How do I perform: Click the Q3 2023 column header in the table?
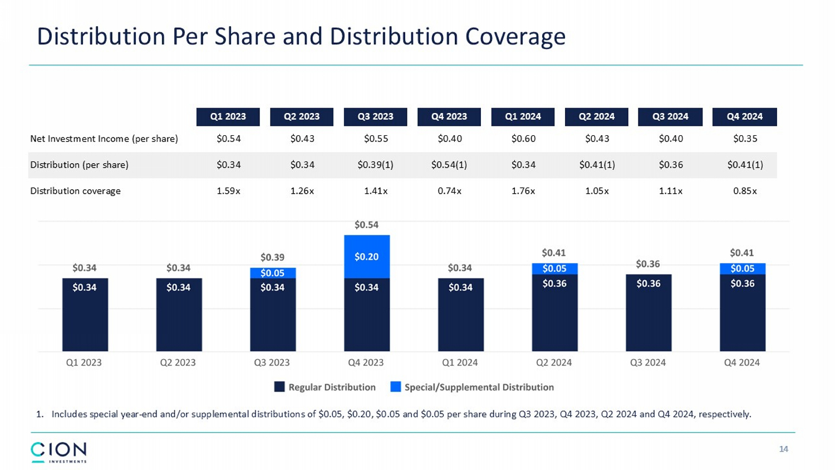[375, 116]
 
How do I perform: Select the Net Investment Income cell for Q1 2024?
[523, 139]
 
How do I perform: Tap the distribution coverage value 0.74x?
[449, 191]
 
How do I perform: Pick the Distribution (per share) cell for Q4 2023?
[449, 165]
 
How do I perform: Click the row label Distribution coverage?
[75, 191]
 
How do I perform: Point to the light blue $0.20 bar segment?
[366, 257]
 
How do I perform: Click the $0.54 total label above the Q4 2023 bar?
[366, 225]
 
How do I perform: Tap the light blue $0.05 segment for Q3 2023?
[272, 273]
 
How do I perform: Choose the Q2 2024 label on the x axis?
[554, 363]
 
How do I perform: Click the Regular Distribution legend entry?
[325, 387]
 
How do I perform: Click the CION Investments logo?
[58, 452]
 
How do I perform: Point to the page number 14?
[783, 449]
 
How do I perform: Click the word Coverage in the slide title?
[515, 37]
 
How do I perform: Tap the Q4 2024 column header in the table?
[744, 116]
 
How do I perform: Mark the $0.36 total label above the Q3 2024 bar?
[648, 264]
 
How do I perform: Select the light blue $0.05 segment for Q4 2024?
[742, 268]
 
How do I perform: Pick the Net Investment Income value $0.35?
[745, 139]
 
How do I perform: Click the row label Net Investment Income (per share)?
[104, 139]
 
